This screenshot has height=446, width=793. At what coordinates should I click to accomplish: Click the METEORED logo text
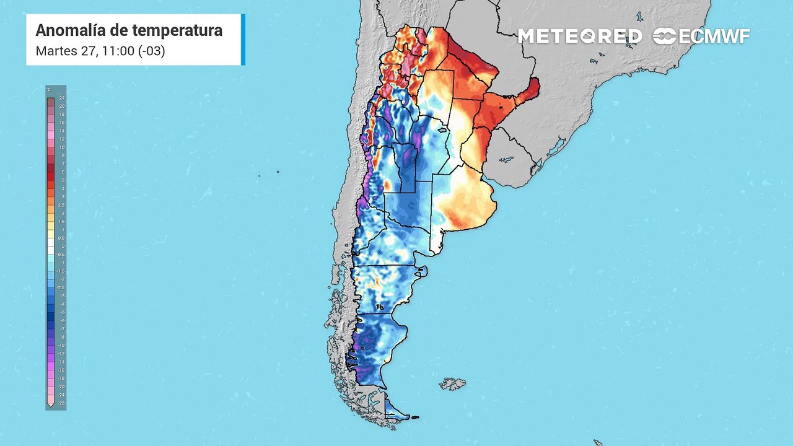580,37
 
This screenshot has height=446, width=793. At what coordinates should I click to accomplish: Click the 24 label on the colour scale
61,98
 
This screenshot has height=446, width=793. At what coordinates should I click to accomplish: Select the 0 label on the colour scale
61,246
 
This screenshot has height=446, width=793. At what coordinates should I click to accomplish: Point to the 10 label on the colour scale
61,147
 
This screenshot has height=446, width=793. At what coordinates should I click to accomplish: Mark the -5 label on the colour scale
61,312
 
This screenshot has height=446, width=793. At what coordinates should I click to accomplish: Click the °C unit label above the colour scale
50,90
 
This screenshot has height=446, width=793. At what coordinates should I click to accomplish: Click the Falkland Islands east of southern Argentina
453,384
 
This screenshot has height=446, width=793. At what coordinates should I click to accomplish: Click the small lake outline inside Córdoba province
442,131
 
